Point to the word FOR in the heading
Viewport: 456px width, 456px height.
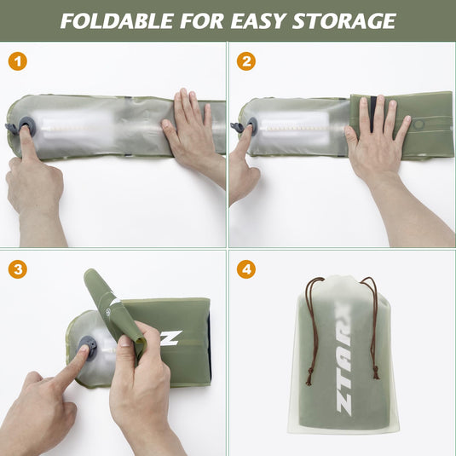tap(196, 20)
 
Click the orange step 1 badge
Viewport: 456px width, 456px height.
tap(18, 61)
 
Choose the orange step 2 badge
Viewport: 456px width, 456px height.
tap(245, 61)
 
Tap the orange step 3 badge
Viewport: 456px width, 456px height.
tap(18, 269)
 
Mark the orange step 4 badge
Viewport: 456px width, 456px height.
tap(245, 269)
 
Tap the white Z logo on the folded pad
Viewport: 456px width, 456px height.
tap(170, 338)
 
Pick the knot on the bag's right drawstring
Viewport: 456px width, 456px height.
tap(376, 373)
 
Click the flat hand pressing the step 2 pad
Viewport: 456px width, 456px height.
tap(379, 136)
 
